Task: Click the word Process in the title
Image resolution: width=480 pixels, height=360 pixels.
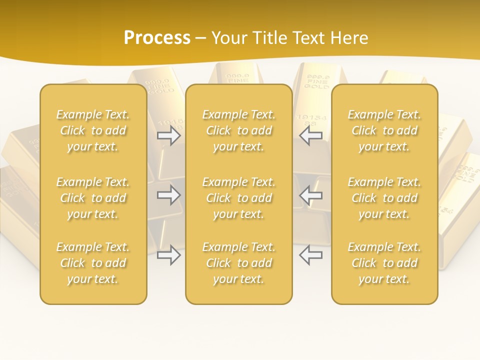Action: pos(157,38)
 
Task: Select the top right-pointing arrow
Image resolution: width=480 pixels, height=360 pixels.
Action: pos(169,135)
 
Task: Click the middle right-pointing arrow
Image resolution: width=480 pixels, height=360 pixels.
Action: pos(169,195)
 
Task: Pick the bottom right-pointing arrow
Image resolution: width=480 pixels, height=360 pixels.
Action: pos(169,255)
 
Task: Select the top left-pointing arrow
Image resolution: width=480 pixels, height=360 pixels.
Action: pos(310,135)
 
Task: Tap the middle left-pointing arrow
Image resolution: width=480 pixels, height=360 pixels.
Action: pos(310,195)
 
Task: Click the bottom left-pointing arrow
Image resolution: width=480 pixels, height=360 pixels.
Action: pos(310,255)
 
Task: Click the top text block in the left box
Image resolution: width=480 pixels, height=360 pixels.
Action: pos(93,130)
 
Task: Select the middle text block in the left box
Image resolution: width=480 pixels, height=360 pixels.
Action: pos(93,198)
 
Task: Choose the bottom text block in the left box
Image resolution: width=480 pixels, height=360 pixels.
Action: pos(93,263)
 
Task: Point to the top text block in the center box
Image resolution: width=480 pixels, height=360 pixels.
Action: pos(238,130)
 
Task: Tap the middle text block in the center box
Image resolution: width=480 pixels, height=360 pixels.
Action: pos(238,198)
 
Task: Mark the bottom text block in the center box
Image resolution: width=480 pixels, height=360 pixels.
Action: pos(238,263)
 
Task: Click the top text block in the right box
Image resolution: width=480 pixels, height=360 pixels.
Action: pos(384,130)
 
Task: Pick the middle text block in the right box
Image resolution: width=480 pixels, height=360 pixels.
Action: pos(384,198)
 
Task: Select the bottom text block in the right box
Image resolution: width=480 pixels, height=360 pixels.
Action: pos(384,263)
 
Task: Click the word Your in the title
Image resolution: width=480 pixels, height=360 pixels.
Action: pos(228,38)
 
